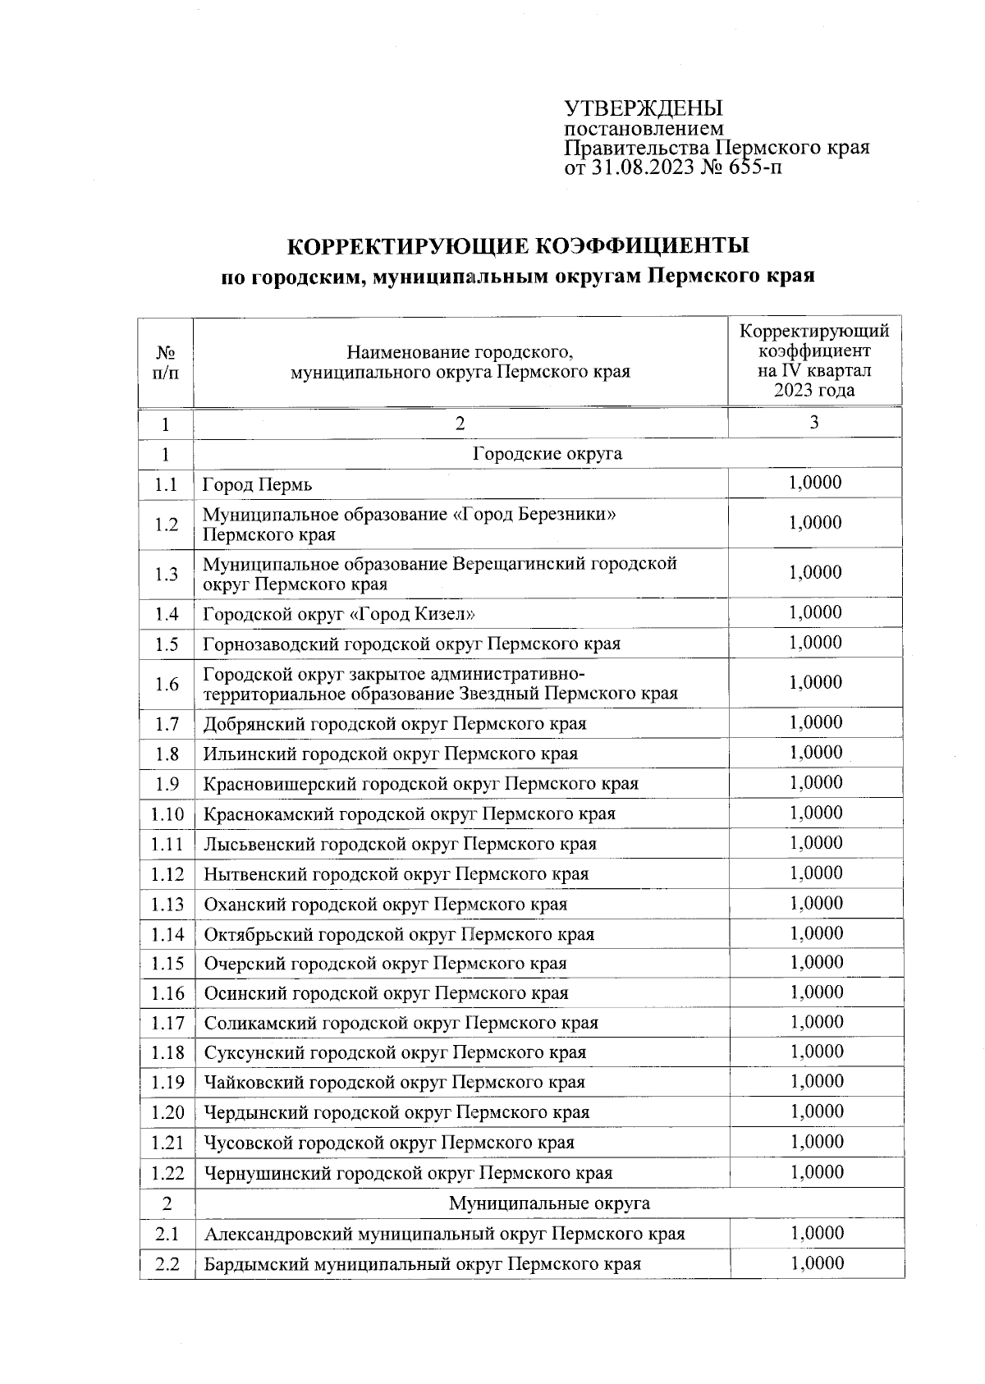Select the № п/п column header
(166, 362)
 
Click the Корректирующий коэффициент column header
(814, 361)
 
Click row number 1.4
(166, 614)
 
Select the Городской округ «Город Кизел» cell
(339, 614)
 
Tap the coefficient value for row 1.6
(815, 683)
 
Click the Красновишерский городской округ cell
(420, 784)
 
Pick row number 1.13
(167, 905)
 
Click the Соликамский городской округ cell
(401, 1024)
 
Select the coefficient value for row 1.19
(816, 1082)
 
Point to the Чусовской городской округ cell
(388, 1143)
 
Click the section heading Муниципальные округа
(548, 1204)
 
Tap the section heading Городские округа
(547, 454)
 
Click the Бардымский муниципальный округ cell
(422, 1264)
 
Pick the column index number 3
(813, 423)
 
